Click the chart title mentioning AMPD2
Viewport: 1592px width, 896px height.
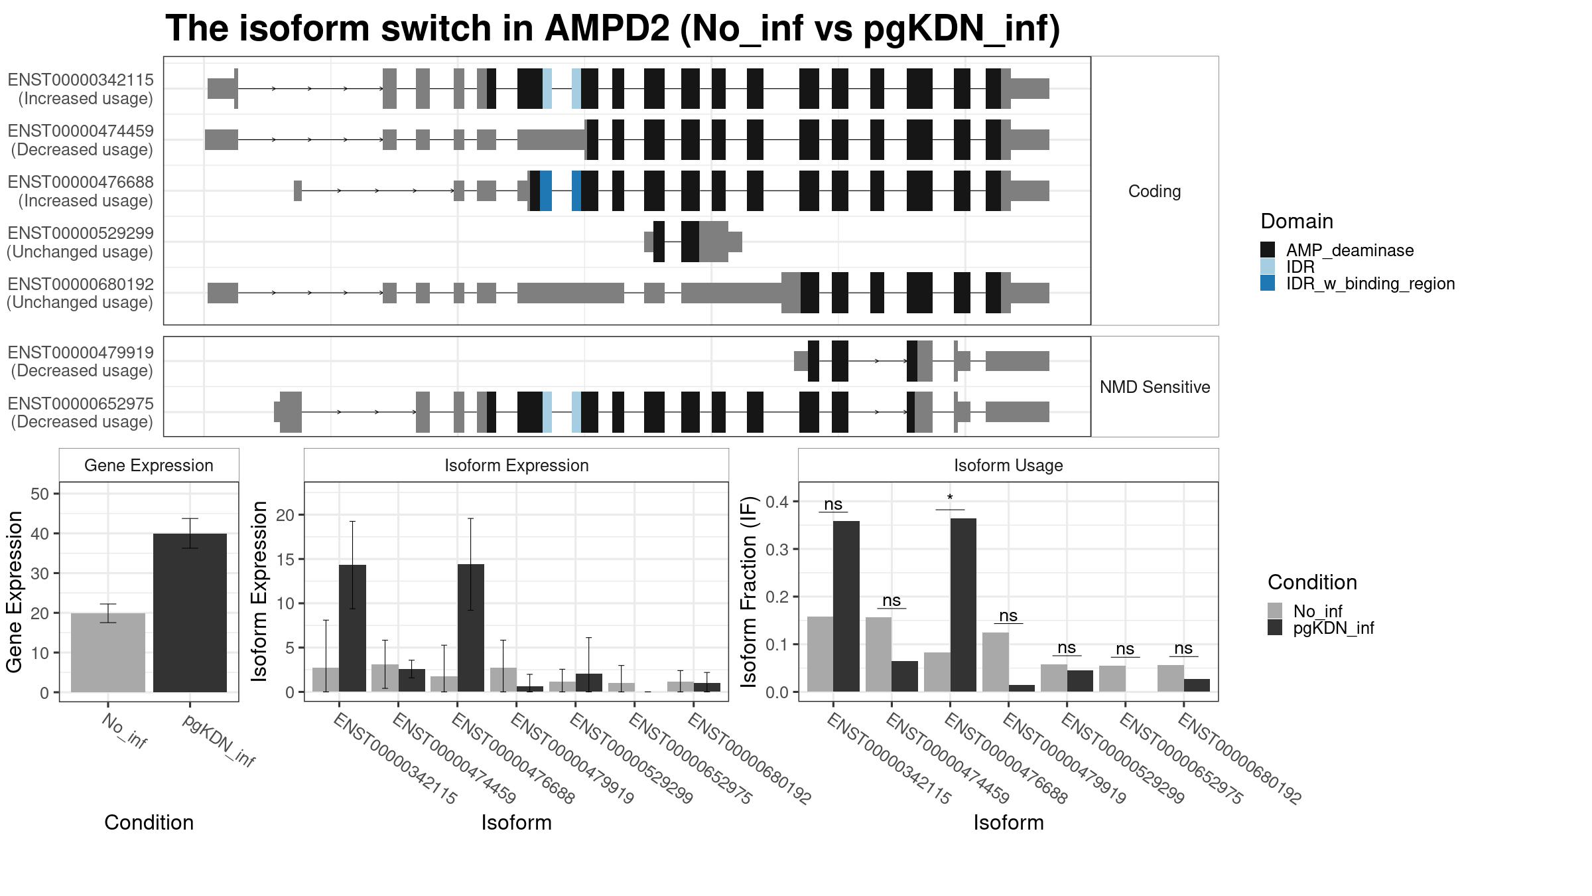coord(612,29)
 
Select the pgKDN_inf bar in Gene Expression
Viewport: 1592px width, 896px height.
coord(190,613)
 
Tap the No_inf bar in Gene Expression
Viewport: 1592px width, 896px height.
coord(108,652)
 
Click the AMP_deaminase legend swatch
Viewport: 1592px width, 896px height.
coord(1268,250)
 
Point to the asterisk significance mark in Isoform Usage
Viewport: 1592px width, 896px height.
coord(950,498)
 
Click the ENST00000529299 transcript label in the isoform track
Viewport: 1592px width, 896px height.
coord(80,234)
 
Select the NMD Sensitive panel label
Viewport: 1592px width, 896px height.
coord(1155,387)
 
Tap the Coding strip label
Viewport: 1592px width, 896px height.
coord(1155,191)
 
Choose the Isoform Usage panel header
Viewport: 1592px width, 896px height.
coord(1008,465)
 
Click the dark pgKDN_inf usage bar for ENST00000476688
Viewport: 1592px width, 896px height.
coord(963,605)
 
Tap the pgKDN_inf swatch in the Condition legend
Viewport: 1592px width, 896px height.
coord(1275,628)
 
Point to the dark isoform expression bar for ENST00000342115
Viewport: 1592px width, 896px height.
coord(352,629)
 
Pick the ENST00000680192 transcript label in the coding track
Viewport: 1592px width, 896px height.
coord(80,285)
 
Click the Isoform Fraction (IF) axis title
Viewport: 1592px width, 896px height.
coord(749,591)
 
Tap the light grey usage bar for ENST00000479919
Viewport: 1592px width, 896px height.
coord(995,662)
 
